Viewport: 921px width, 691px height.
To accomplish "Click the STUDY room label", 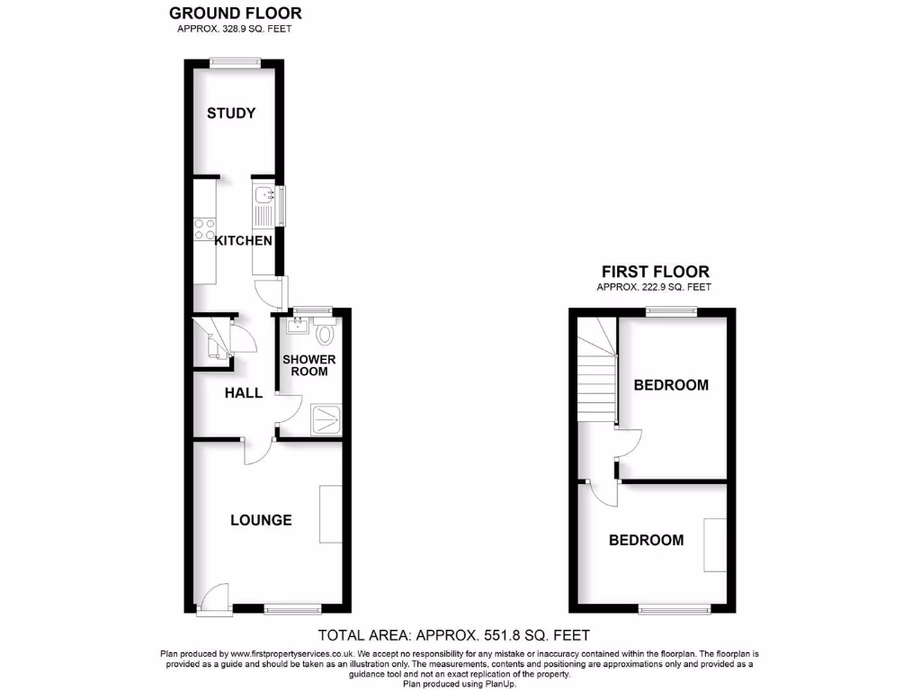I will click(231, 113).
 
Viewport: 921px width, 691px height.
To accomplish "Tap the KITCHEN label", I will click(243, 241).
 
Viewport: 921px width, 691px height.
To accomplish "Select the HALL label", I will click(243, 393).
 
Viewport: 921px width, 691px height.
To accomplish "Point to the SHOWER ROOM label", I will click(309, 365).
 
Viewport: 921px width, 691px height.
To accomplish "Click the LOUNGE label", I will click(261, 520).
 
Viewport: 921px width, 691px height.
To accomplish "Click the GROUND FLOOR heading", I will click(236, 13).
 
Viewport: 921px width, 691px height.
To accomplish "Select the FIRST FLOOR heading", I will click(655, 271).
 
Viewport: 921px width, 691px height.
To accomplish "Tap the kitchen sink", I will click(263, 195).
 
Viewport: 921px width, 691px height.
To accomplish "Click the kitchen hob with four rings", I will click(204, 229).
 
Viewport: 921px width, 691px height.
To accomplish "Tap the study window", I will click(236, 61).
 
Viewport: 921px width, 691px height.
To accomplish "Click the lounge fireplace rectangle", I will click(330, 514).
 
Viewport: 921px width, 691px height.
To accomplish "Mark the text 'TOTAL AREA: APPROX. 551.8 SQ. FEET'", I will click(455, 635).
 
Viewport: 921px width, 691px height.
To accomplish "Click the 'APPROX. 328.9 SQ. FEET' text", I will click(235, 29).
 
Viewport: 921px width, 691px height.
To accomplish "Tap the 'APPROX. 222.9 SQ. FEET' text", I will click(654, 287).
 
